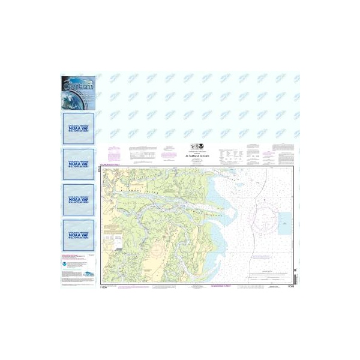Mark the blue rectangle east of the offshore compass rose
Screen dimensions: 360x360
(x=284, y=223)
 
